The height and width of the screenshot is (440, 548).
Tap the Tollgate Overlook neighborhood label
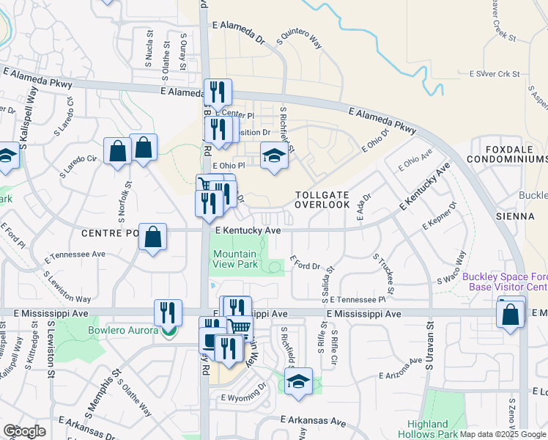coord(322,199)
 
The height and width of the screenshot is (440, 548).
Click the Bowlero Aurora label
coord(123,331)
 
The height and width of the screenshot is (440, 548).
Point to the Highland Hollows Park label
coord(428,429)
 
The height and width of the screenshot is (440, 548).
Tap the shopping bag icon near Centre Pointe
coord(152,238)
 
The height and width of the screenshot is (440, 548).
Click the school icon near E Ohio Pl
coord(274,156)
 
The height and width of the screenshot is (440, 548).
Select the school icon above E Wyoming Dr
coord(298,381)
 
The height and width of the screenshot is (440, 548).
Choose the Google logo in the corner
coord(24,431)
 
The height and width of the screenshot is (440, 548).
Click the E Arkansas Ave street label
coord(313,422)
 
